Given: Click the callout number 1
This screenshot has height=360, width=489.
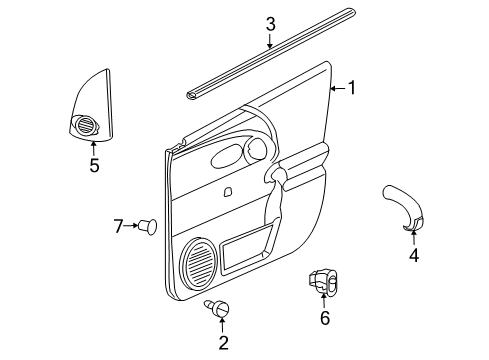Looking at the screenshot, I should coord(350,88).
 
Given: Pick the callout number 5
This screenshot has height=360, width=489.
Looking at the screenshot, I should coord(94,165).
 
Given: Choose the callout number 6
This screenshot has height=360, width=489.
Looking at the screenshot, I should coord(323,318).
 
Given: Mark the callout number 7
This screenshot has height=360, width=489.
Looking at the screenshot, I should coord(117,226).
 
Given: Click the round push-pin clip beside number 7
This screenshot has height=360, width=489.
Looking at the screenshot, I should coord(149,226).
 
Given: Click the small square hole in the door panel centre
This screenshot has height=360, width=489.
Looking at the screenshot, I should coord(229,192).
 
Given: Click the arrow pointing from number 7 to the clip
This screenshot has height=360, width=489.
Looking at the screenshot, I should coord(132,226).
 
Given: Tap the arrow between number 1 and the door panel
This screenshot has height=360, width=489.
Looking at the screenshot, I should coord(337,88).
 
